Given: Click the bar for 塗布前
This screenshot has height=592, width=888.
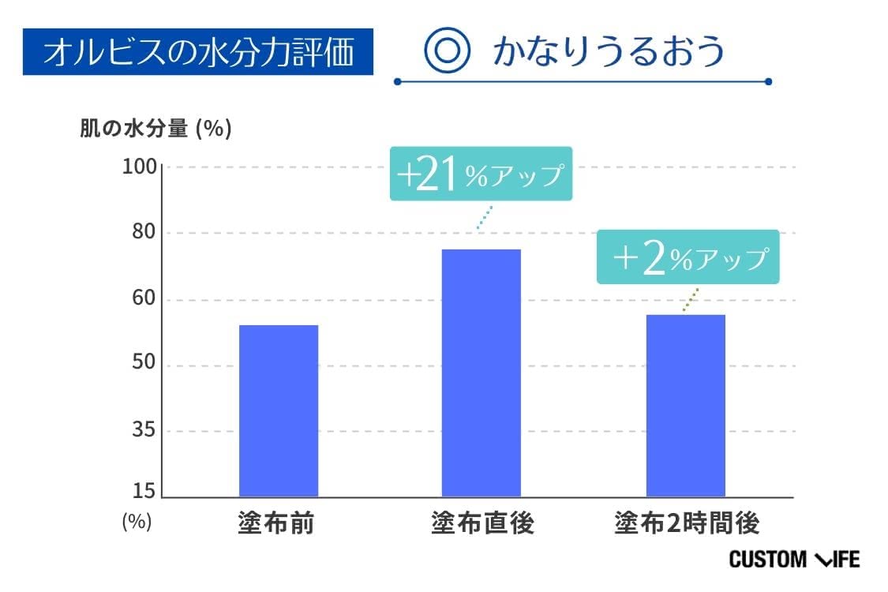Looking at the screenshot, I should [x=278, y=410].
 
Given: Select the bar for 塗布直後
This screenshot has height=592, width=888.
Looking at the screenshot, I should [x=481, y=373].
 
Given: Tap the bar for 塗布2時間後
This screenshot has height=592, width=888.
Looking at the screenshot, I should [x=685, y=406].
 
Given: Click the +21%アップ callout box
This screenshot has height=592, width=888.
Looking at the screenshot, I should [x=481, y=174].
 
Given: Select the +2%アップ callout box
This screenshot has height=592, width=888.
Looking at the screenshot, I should [x=688, y=258].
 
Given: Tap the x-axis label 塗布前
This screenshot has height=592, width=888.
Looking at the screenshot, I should [x=275, y=523].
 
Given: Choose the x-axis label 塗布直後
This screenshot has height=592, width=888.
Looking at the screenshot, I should [x=482, y=523].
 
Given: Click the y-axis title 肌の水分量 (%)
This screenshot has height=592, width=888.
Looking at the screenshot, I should [x=155, y=129].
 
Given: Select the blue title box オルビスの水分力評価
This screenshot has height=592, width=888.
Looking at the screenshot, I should [x=197, y=52].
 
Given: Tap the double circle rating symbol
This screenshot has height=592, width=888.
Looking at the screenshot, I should [x=448, y=51].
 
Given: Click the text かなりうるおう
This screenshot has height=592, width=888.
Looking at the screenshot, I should [x=609, y=51].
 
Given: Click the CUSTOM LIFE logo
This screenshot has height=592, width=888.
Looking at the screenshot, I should [x=794, y=560].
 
